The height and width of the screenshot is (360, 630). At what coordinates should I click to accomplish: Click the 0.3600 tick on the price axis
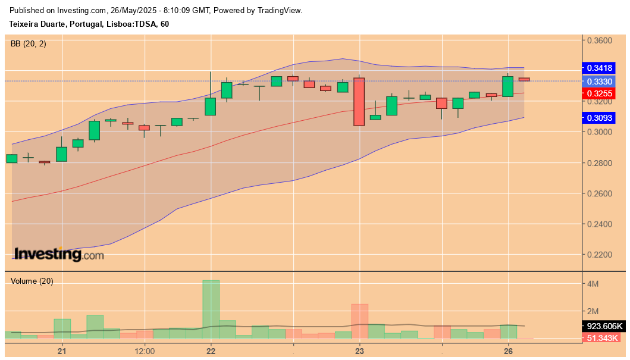click(x=600, y=40)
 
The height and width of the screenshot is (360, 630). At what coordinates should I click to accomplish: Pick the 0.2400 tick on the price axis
click(x=600, y=224)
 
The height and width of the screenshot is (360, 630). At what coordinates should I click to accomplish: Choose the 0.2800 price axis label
click(x=600, y=163)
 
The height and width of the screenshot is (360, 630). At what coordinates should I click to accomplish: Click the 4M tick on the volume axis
click(x=594, y=284)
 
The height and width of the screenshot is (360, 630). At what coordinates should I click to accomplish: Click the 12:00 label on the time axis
click(x=145, y=350)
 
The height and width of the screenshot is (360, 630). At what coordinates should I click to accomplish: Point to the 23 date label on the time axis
click(x=359, y=350)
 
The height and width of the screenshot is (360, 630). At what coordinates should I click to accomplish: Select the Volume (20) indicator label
click(x=32, y=281)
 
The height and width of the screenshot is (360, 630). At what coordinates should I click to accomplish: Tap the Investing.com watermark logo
click(x=58, y=255)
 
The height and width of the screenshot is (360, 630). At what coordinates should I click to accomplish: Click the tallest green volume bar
click(x=211, y=309)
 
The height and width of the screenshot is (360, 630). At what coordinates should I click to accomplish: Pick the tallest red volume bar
click(x=359, y=321)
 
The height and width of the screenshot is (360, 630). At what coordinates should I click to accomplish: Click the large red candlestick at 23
click(x=359, y=101)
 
